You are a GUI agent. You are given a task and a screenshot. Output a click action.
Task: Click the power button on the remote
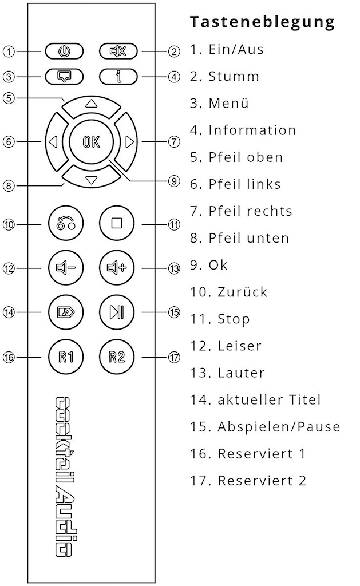[x=64, y=51]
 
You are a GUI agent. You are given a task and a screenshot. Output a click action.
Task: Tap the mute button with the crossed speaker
[x=118, y=51]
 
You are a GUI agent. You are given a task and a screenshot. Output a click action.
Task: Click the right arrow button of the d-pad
[x=126, y=142]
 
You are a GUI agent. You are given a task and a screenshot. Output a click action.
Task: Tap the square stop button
[x=117, y=224]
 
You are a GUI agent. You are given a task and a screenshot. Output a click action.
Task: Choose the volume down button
[x=66, y=268]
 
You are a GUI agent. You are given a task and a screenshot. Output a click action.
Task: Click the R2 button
[x=117, y=357]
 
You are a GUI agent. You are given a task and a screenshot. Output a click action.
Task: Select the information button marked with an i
[x=118, y=77]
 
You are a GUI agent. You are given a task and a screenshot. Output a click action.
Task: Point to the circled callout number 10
[x=9, y=224]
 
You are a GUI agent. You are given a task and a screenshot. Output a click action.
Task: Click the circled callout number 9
[x=174, y=181]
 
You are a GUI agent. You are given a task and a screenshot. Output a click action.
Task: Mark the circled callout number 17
[x=174, y=357]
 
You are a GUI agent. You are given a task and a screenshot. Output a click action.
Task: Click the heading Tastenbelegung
[x=262, y=22]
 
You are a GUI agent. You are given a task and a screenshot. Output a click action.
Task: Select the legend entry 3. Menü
[x=219, y=103]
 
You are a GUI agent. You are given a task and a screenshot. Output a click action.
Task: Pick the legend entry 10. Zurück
[x=229, y=291]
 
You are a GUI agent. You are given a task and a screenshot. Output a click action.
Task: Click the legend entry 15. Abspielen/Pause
[x=265, y=426]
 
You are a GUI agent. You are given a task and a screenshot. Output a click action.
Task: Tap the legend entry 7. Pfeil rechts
[x=241, y=211]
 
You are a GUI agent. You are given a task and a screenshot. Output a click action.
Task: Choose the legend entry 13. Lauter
[x=227, y=373]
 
